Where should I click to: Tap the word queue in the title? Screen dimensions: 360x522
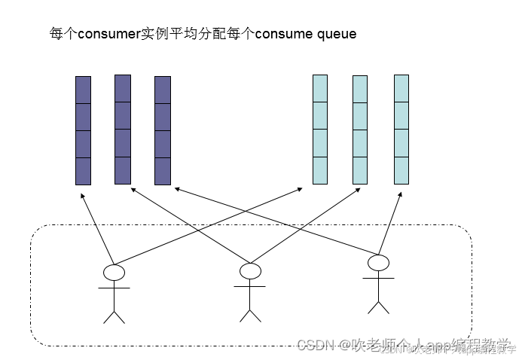[337, 35]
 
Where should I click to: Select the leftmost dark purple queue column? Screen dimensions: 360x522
[83, 130]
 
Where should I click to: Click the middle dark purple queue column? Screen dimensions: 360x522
[122, 129]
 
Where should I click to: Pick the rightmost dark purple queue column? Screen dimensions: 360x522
[162, 130]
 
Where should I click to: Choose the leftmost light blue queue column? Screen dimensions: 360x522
[320, 129]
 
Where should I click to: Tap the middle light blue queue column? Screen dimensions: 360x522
[360, 129]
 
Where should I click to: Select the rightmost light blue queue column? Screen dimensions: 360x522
[401, 129]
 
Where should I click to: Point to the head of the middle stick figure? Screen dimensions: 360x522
[249, 270]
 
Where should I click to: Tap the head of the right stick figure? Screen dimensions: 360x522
[377, 263]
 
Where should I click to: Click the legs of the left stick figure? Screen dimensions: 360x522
[114, 314]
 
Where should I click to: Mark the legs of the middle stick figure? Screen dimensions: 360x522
[249, 313]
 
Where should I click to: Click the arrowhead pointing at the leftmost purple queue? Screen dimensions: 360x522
[82, 195]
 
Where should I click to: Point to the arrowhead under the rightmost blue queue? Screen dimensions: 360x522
[399, 194]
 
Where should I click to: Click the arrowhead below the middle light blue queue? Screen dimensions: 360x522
[359, 191]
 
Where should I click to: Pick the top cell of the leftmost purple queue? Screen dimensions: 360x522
[83, 90]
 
